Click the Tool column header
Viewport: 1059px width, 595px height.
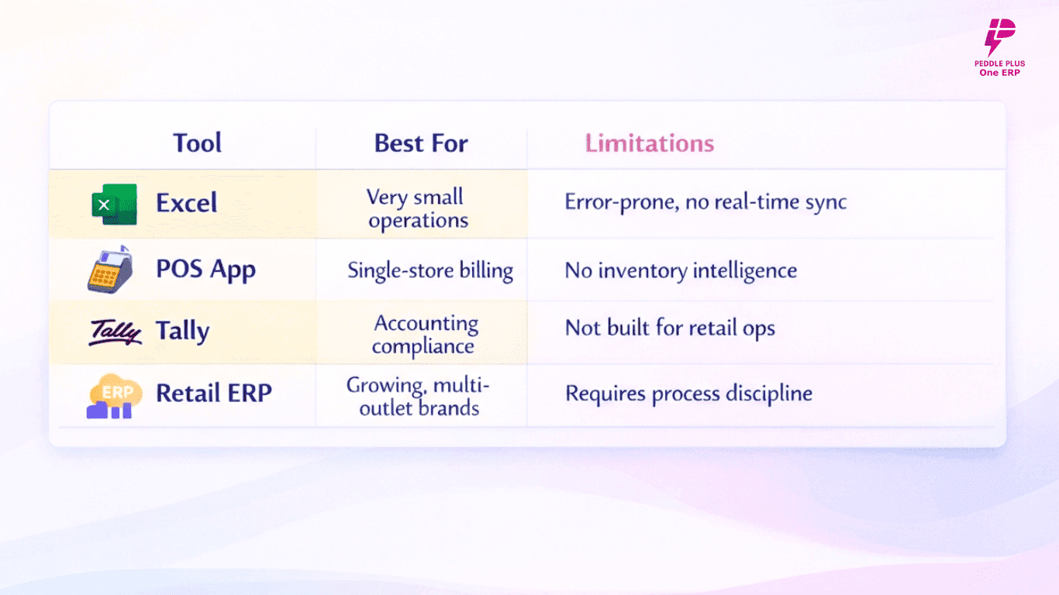197,143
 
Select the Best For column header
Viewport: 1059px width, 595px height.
421,143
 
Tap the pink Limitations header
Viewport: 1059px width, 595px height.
650,143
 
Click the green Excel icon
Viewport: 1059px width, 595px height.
115,205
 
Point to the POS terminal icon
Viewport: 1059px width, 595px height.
110,270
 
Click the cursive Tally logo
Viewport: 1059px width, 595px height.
115,332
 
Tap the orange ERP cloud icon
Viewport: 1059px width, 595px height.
114,396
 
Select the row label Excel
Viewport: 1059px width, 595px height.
187,203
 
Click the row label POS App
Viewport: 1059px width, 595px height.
205,270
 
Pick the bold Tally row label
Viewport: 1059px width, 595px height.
182,331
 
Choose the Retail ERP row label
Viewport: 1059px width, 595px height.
214,393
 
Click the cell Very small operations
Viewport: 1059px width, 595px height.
417,208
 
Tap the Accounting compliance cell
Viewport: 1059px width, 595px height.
425,335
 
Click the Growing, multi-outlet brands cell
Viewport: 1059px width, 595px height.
418,397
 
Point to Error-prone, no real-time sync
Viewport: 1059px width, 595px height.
705,202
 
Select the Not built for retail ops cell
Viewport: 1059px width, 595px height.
670,328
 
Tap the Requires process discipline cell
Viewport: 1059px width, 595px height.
689,394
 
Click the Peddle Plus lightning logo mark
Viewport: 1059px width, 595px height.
999,36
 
